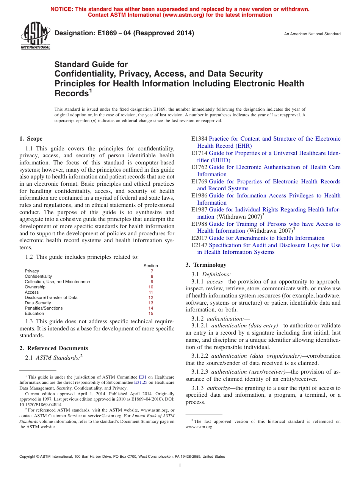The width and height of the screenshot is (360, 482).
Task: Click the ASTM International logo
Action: [x=35, y=36]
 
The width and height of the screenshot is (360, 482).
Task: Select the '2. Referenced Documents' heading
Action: [x=54, y=348]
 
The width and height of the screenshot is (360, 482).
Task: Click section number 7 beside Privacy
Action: [x=152, y=271]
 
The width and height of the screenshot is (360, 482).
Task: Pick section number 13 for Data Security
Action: [x=151, y=303]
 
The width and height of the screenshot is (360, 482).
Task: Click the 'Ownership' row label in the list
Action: [x=35, y=287]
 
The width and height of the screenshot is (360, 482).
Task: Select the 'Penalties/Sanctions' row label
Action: [x=44, y=308]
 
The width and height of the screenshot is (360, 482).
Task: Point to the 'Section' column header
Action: [x=151, y=266]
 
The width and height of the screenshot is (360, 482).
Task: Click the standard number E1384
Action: [x=199, y=139]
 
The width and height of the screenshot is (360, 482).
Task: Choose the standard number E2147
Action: [x=199, y=245]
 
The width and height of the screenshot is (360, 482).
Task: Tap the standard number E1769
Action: [x=199, y=182]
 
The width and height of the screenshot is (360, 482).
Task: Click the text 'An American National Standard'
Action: [x=312, y=34]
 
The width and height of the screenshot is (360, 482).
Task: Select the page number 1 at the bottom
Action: [x=180, y=466]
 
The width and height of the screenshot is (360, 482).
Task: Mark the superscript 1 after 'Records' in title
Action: [x=91, y=91]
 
